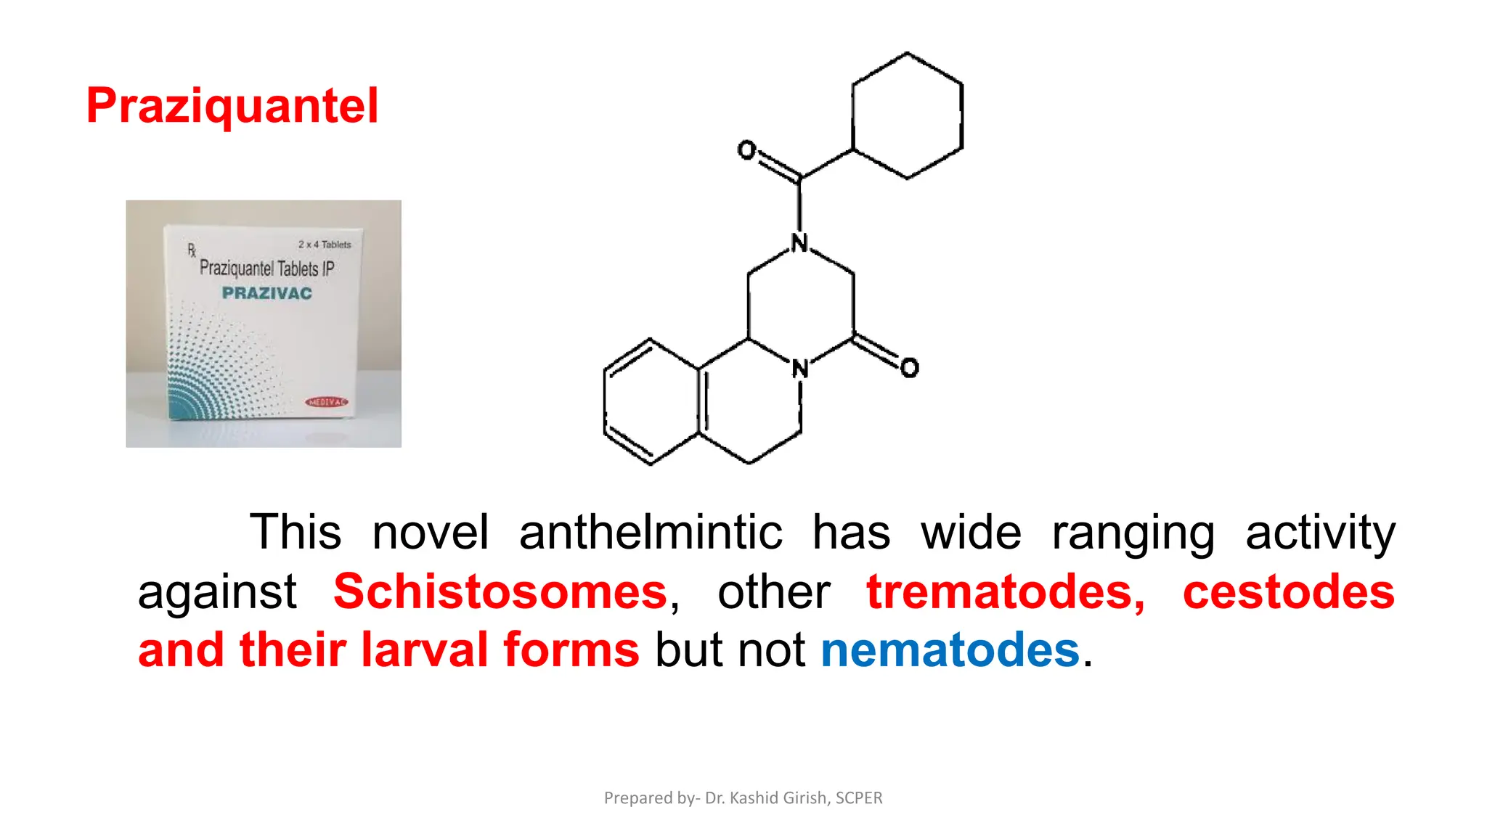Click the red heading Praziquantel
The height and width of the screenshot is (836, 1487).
pyautogui.click(x=232, y=106)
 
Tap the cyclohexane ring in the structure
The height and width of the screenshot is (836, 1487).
pyautogui.click(x=907, y=116)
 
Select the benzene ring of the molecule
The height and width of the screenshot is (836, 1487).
pyautogui.click(x=651, y=401)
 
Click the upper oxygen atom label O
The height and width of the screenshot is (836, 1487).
pyautogui.click(x=746, y=150)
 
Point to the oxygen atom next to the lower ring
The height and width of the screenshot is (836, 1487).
pyautogui.click(x=909, y=368)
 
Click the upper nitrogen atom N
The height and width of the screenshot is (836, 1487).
pyautogui.click(x=799, y=243)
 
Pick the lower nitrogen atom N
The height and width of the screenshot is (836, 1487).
pyautogui.click(x=800, y=369)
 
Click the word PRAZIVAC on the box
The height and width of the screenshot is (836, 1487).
pyautogui.click(x=266, y=293)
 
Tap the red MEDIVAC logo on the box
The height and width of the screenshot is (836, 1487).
pyautogui.click(x=327, y=402)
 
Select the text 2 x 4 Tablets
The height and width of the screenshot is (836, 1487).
pyautogui.click(x=325, y=245)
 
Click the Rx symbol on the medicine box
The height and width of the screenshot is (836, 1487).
pyautogui.click(x=192, y=250)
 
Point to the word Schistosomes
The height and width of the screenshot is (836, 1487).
pyautogui.click(x=500, y=591)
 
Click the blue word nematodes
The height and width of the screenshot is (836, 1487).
pyautogui.click(x=950, y=649)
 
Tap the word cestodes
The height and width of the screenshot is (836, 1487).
pyautogui.click(x=1288, y=591)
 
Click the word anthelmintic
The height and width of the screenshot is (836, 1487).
pyautogui.click(x=651, y=532)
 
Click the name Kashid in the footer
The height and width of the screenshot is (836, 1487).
pyautogui.click(x=753, y=798)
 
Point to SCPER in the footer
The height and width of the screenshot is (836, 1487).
pyautogui.click(x=859, y=798)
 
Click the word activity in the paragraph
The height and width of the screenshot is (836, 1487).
pyautogui.click(x=1320, y=532)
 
